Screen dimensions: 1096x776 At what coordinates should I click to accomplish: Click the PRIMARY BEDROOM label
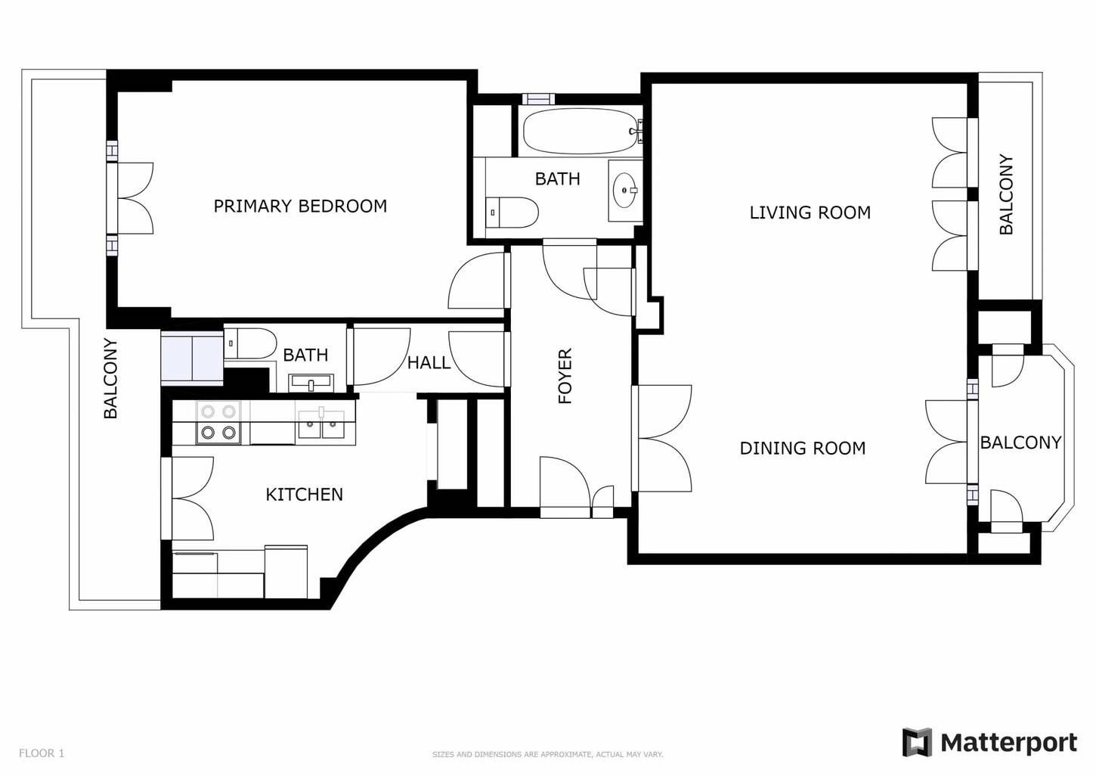point(300,206)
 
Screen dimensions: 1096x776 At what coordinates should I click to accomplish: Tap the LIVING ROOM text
point(810,213)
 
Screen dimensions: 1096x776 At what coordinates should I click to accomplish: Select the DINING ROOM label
point(803,448)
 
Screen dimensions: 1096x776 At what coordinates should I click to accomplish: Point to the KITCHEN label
point(305,495)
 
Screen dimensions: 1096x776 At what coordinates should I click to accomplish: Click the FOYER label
point(565,376)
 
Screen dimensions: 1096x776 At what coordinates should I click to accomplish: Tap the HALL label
point(429,363)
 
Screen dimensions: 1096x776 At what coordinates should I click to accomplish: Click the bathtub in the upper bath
point(581,132)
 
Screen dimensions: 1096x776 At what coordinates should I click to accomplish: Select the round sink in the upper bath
point(625,190)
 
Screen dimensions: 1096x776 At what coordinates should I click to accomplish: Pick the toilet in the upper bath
point(512,213)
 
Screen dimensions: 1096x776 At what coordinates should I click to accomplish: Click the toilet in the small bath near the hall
point(250,343)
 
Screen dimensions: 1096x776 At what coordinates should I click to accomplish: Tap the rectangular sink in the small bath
point(311,383)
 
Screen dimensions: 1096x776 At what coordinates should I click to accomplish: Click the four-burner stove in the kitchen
point(218,423)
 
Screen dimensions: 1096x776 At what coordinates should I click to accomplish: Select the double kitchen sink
point(321,424)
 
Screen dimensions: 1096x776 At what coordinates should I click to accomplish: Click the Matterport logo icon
point(917,743)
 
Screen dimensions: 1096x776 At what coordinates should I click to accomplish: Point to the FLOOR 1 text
point(42,753)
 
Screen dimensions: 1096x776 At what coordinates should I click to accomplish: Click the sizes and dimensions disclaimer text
point(547,755)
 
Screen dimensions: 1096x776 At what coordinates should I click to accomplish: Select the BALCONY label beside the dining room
point(1020,442)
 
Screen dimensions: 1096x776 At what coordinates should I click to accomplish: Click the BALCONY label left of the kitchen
point(110,378)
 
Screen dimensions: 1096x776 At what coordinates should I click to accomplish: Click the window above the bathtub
point(538,99)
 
